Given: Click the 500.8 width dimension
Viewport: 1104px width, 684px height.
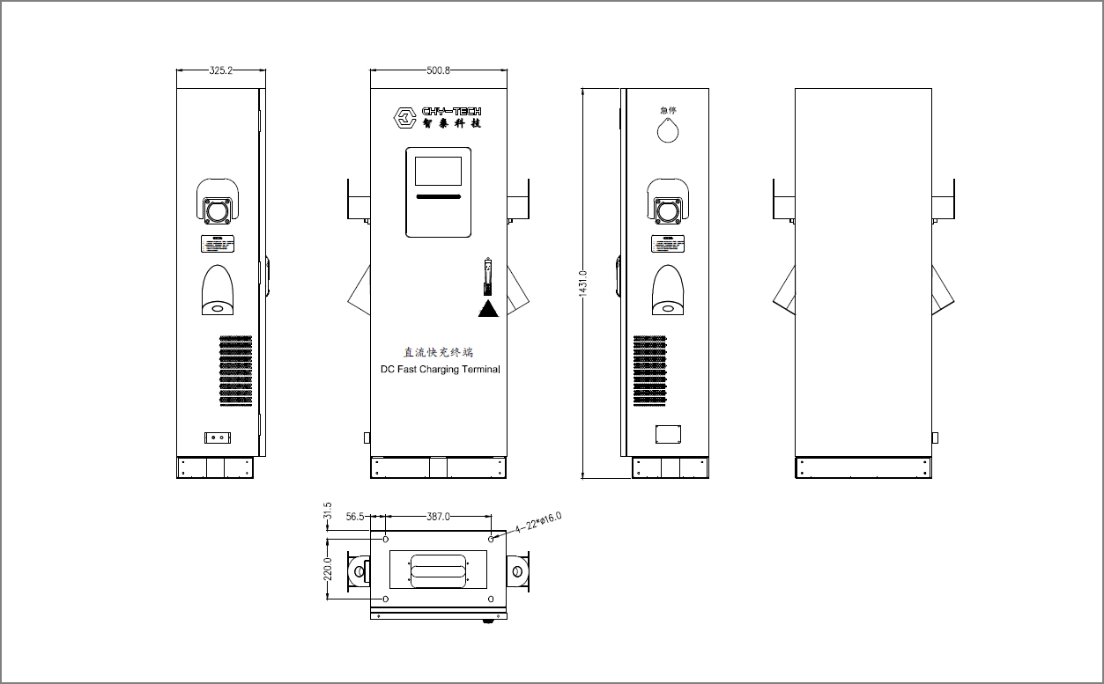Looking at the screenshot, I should point(438,70).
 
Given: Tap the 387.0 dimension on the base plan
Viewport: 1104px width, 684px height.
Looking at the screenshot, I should point(438,518).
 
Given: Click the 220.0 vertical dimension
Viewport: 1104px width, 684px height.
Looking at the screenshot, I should point(328,569).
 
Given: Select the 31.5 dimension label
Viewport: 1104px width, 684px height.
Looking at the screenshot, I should point(328,511).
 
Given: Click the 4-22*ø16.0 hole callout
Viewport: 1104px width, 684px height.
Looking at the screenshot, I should point(538,523).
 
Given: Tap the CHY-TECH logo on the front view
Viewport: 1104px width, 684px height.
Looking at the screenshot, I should point(438,117).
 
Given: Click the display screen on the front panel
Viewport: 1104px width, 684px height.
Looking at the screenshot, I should point(438,171).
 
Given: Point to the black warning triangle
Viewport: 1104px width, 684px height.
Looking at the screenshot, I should point(488,308).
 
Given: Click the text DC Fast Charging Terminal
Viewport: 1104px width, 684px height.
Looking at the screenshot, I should point(440,370).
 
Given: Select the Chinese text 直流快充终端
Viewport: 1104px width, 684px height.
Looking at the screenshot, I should point(438,352).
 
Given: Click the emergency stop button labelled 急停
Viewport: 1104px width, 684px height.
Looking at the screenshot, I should point(669,130).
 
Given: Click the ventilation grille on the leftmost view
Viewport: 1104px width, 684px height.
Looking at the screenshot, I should point(235,370).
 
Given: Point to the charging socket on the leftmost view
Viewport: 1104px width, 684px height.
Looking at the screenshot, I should point(217,210).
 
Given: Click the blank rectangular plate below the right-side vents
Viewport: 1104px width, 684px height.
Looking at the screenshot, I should point(669,434).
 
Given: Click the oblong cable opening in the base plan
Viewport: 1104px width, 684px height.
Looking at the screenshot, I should point(439,570).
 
